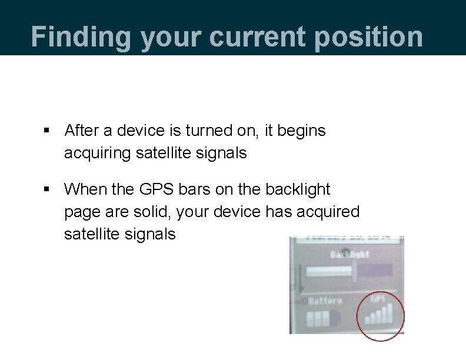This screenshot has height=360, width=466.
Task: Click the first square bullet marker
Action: [x=47, y=131]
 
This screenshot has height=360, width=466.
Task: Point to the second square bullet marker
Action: [x=47, y=190]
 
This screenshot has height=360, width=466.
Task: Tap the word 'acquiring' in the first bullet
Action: [x=98, y=153]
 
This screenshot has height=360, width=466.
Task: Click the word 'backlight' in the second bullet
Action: [x=298, y=189]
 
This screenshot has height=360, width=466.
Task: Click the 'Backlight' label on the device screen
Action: [x=349, y=254]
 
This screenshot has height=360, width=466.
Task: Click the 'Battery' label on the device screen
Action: [x=325, y=301]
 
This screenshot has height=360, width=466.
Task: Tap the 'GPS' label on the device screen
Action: [x=378, y=299]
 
